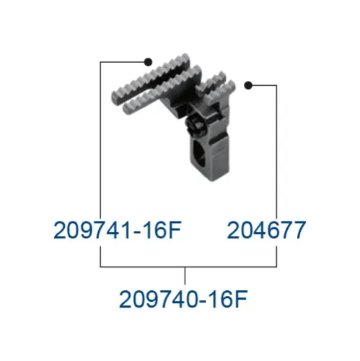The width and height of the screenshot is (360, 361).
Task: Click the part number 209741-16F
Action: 118,230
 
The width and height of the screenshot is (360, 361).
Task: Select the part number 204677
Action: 266,230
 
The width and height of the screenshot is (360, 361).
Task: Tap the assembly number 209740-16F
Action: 183,299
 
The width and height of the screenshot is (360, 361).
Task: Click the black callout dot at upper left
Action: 148,62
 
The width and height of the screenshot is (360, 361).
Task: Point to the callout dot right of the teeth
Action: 248,85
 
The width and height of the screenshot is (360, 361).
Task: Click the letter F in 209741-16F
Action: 175,230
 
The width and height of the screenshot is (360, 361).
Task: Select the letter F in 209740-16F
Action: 241,299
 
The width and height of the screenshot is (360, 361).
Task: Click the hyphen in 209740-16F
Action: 203,301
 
